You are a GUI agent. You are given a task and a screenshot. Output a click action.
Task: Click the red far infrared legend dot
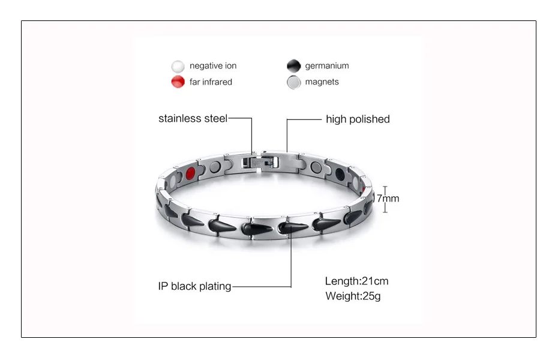(x=178, y=82)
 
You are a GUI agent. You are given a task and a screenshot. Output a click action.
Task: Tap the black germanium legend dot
(x=293, y=66)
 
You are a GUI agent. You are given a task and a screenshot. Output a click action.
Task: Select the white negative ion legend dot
(x=178, y=66)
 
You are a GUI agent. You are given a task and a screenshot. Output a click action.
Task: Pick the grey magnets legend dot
(x=293, y=82)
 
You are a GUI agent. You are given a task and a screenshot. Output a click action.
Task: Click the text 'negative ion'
(x=213, y=66)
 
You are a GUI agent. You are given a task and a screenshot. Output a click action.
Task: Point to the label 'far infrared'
(x=211, y=82)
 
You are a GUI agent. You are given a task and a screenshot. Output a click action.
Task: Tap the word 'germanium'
(x=326, y=66)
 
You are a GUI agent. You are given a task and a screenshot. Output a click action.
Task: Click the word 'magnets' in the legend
(x=322, y=82)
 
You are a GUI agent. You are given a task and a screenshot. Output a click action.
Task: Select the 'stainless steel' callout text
(x=193, y=119)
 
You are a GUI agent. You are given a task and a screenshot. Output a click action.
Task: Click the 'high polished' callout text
(x=358, y=119)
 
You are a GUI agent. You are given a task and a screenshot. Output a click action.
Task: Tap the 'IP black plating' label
(x=194, y=286)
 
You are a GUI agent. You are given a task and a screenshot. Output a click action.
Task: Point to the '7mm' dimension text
(x=388, y=198)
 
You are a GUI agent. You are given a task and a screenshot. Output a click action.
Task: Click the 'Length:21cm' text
(x=356, y=281)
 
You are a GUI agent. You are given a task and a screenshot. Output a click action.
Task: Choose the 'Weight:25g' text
(x=353, y=296)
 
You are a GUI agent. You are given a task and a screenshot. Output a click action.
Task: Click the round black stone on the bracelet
(x=341, y=175)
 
